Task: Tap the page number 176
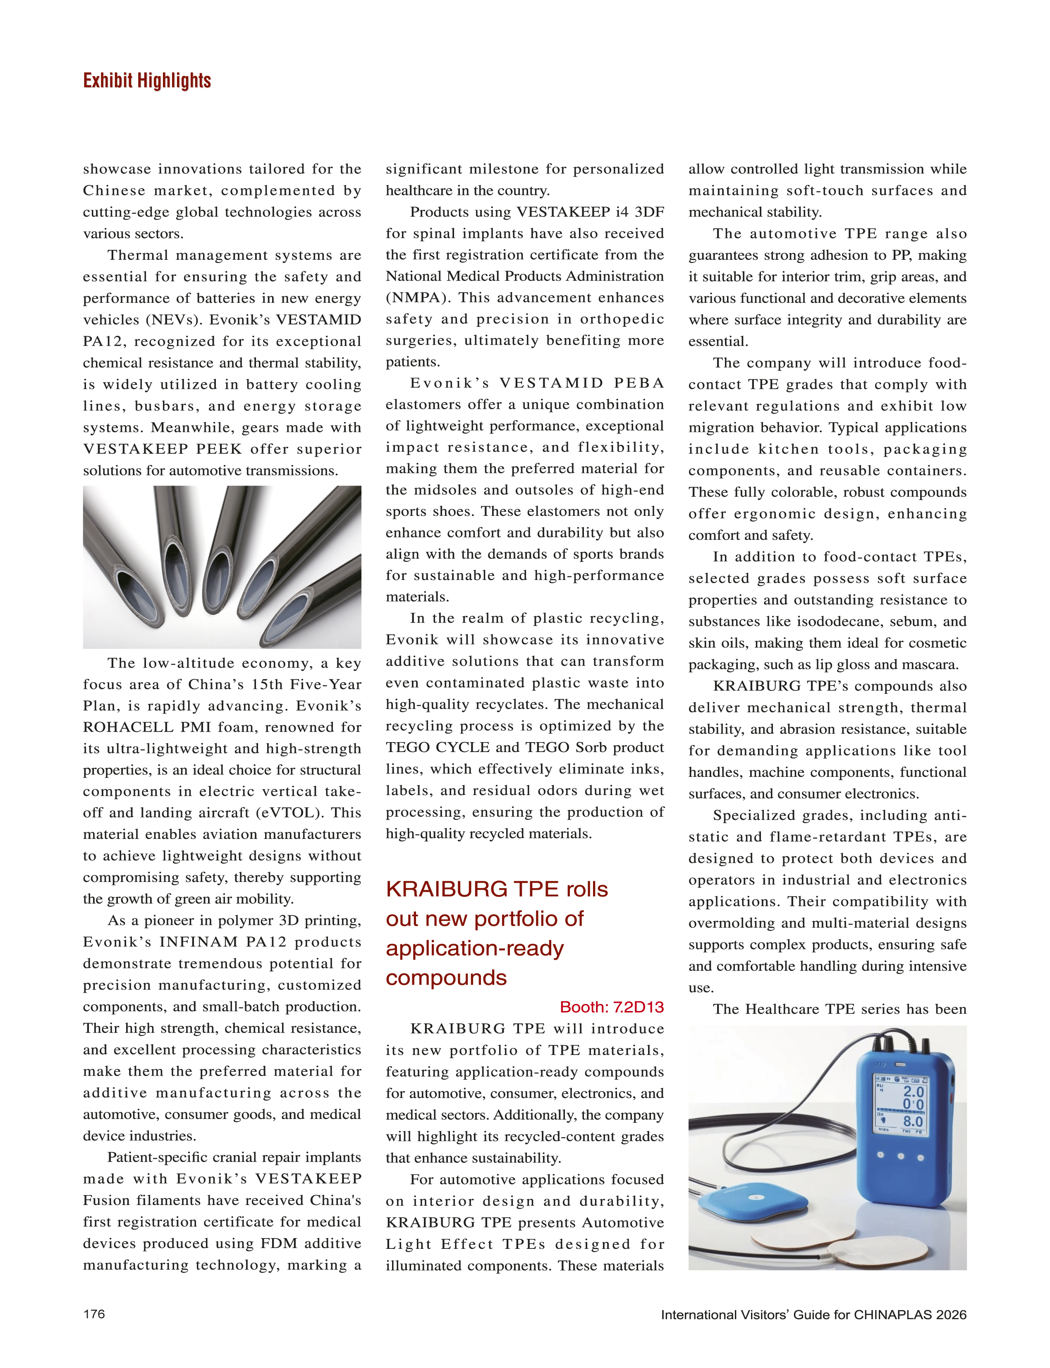pos(94,1314)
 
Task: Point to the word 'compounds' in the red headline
pos(446,977)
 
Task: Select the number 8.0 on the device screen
pos(913,1121)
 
